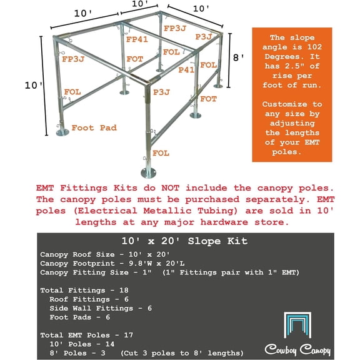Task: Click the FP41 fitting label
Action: [x=136, y=39]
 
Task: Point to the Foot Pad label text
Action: [x=92, y=127]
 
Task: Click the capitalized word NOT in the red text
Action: [x=147, y=186]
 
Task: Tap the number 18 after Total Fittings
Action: [x=120, y=290]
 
